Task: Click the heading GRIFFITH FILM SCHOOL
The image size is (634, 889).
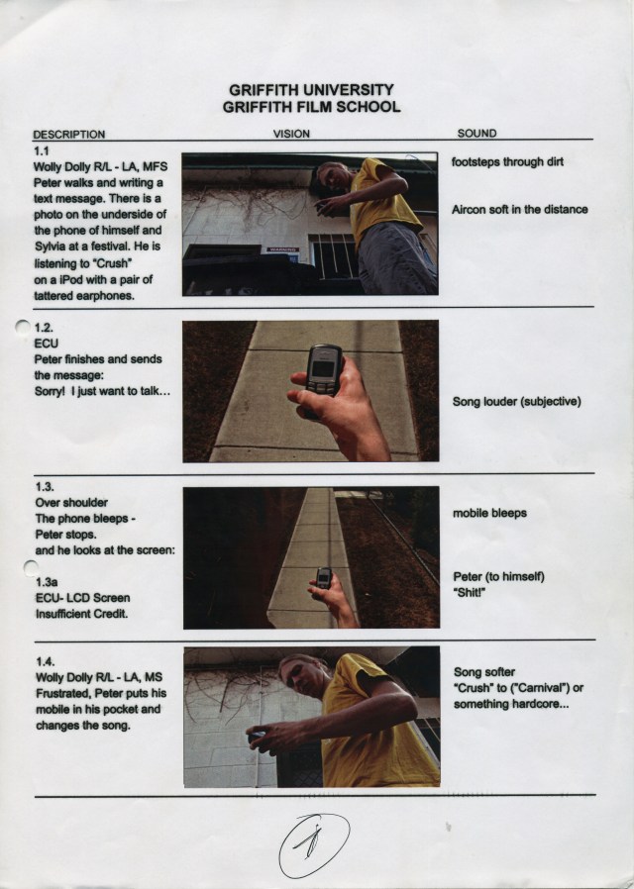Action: point(311,107)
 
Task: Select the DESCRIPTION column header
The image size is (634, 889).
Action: point(69,135)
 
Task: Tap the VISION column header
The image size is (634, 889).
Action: point(291,134)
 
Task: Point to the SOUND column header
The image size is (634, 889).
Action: point(476,134)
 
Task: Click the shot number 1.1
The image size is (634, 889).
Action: point(42,150)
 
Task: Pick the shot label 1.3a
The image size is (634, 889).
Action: point(47,582)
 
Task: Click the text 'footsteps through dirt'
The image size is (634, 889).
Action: point(507,162)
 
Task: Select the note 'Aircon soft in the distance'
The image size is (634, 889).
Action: point(519,210)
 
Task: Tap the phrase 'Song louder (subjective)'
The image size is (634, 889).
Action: point(517,402)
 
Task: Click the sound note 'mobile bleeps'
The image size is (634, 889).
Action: point(489,513)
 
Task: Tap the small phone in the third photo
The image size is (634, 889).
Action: point(324,578)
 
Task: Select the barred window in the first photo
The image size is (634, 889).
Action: point(335,256)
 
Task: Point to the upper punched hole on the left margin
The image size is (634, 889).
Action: point(23,327)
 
